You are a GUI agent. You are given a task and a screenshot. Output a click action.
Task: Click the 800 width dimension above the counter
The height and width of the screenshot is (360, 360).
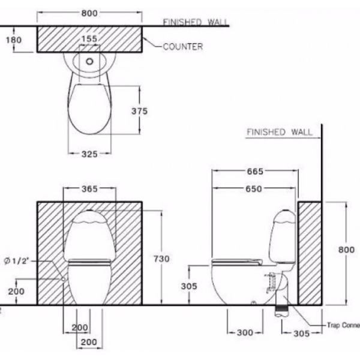point(90,13)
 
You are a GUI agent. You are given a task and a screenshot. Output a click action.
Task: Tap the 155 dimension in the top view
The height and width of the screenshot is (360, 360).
point(90,38)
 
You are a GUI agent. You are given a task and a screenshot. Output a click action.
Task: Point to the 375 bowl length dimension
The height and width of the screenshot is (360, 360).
point(140,111)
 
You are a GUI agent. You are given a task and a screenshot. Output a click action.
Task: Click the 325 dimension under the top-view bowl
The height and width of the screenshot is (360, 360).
point(89,154)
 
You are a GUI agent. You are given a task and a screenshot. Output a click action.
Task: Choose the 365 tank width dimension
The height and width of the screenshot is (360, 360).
point(89,189)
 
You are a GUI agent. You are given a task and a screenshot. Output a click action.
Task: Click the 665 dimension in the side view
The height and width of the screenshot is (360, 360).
point(255,172)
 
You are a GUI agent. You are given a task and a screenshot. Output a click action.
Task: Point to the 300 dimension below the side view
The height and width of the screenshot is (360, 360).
point(245,332)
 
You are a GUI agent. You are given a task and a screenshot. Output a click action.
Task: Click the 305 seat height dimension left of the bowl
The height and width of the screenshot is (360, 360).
point(189,287)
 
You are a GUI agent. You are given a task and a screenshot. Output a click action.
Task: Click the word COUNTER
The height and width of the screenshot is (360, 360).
point(183,46)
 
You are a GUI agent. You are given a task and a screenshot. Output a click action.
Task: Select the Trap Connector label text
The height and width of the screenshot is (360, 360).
point(343,326)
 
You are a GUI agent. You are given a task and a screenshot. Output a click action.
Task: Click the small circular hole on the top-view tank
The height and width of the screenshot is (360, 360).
point(90,60)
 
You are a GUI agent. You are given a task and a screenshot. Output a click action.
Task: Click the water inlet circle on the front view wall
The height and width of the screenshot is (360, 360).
point(62,279)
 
